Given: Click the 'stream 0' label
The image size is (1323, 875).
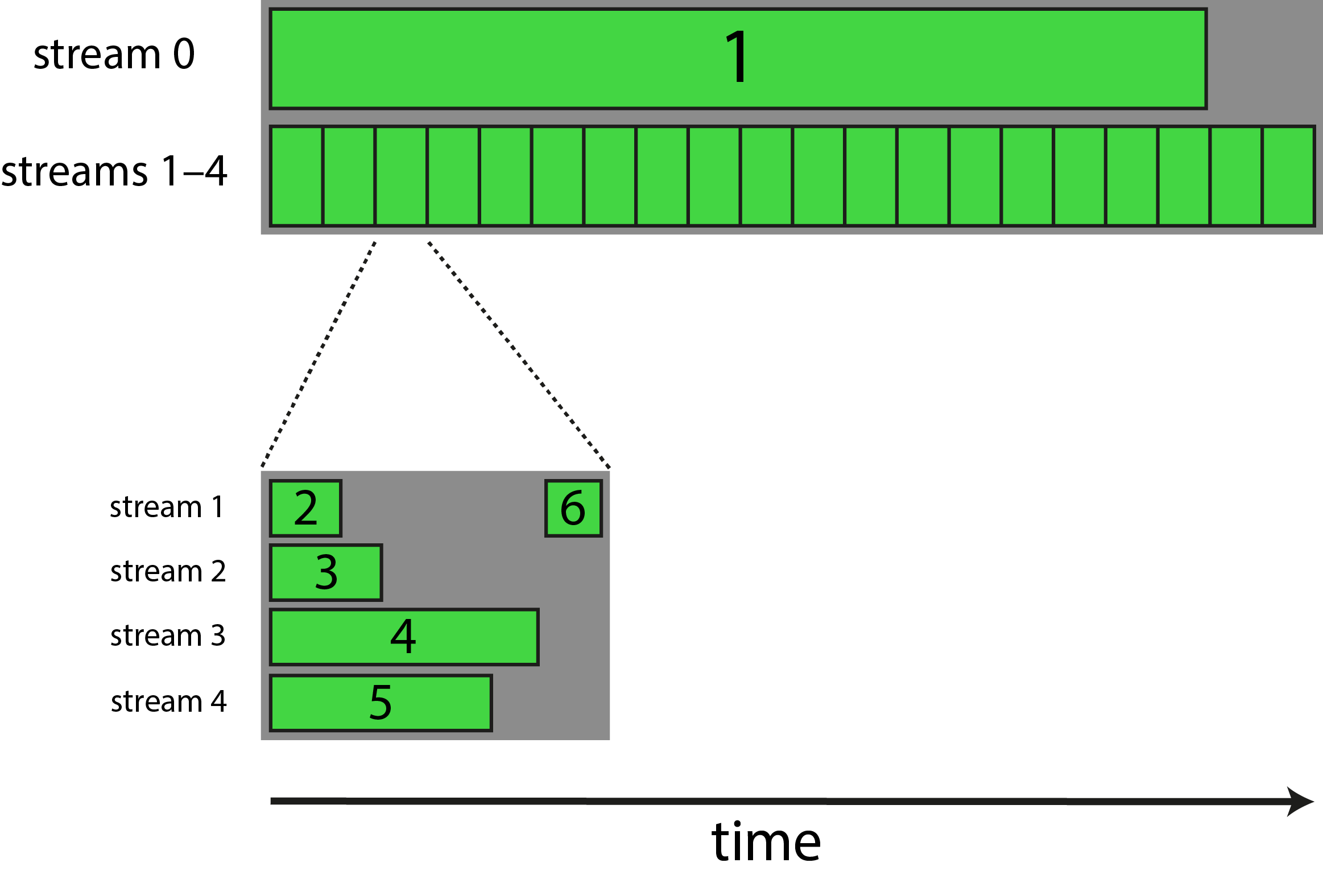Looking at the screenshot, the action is tap(114, 55).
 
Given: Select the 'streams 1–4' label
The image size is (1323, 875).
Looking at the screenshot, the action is tap(114, 171).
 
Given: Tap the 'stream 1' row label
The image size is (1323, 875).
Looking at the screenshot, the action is tap(166, 507).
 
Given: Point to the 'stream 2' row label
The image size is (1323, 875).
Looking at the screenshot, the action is tap(168, 571).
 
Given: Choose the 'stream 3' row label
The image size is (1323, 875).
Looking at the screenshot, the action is tap(168, 635).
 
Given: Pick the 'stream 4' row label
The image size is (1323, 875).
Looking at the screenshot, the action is tap(168, 701).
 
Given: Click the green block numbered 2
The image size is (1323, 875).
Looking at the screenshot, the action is tap(306, 508).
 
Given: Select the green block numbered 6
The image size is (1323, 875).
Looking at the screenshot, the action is tap(573, 508).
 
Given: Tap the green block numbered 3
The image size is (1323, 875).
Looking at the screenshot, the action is tap(326, 572).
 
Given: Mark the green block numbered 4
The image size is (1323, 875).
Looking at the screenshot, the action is tap(404, 637).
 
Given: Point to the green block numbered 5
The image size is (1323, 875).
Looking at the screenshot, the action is tap(381, 703).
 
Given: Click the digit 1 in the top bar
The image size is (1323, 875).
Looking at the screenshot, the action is tap(737, 57).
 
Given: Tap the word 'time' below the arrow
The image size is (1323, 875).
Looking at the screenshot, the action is tap(766, 842).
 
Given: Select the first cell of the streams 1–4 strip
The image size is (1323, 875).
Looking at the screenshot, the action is tap(297, 176).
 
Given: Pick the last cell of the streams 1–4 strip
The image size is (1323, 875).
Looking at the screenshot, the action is tap(1288, 176).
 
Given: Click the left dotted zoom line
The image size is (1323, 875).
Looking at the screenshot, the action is tap(319, 353).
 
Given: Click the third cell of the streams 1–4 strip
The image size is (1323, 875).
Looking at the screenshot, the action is tap(401, 176).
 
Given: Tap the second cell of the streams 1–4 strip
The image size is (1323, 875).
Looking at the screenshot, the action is tap(349, 176).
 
